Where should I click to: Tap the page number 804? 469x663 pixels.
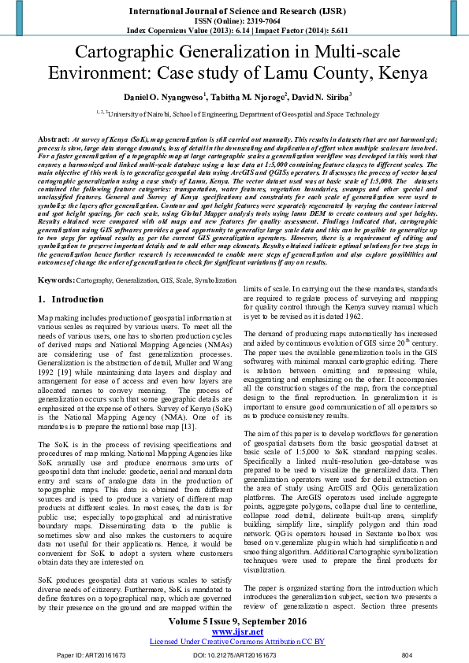[407, 654]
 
